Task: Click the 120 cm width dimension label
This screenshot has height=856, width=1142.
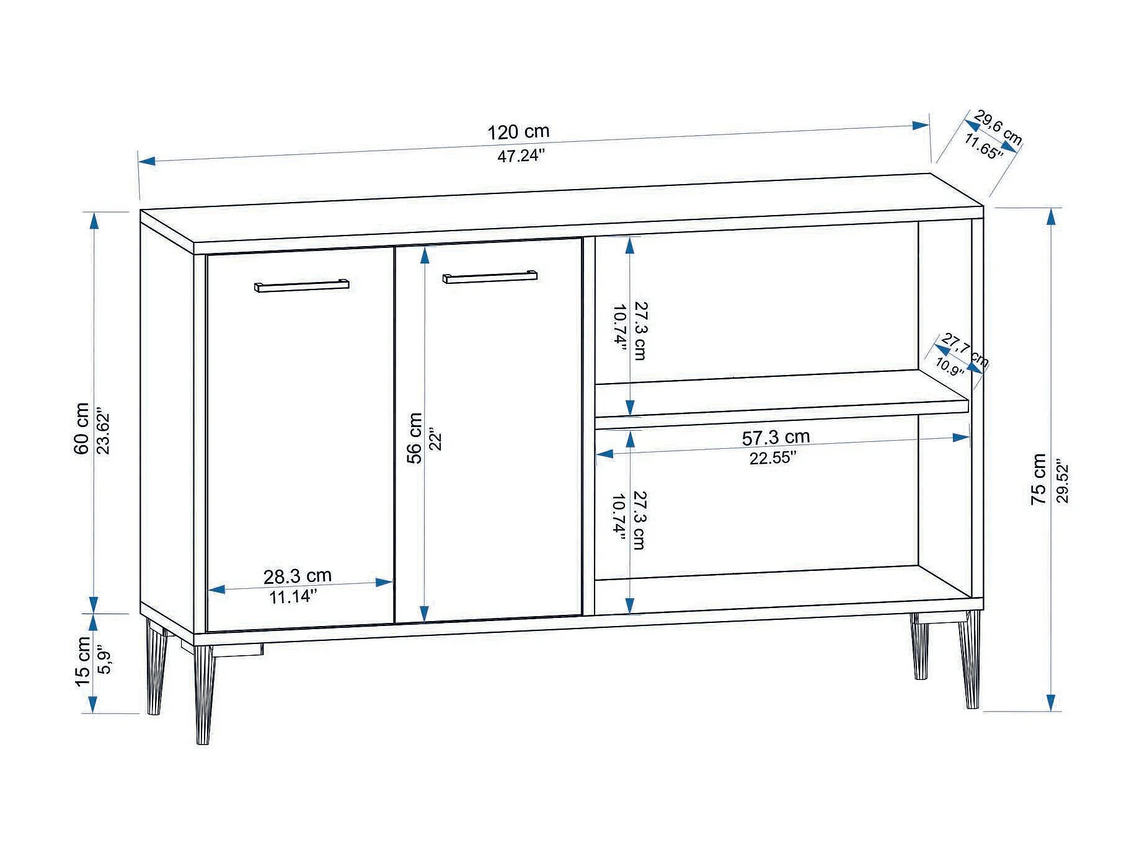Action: (x=518, y=132)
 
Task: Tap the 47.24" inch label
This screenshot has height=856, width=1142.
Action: (x=521, y=156)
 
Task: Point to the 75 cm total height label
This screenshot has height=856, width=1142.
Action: (x=1039, y=479)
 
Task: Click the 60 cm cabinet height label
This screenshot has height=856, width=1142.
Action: (x=82, y=428)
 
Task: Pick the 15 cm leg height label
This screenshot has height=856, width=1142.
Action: (x=82, y=660)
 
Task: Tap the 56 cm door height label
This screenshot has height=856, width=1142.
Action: (x=415, y=438)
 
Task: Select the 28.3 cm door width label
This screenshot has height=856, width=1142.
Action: (x=298, y=576)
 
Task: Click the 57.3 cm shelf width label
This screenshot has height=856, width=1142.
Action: (x=776, y=438)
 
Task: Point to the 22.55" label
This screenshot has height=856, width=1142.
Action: (x=772, y=458)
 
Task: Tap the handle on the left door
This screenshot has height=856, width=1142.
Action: (x=301, y=286)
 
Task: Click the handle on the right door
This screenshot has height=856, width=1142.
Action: (x=490, y=277)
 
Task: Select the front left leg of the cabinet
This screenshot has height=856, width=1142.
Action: (x=204, y=694)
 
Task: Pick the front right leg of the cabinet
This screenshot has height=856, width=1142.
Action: (x=970, y=660)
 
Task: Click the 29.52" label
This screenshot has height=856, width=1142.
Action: (x=1062, y=481)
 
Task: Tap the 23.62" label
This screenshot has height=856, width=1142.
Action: (x=104, y=431)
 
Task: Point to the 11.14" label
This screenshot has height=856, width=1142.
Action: (x=293, y=597)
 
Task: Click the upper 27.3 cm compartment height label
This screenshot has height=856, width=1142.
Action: (x=640, y=330)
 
